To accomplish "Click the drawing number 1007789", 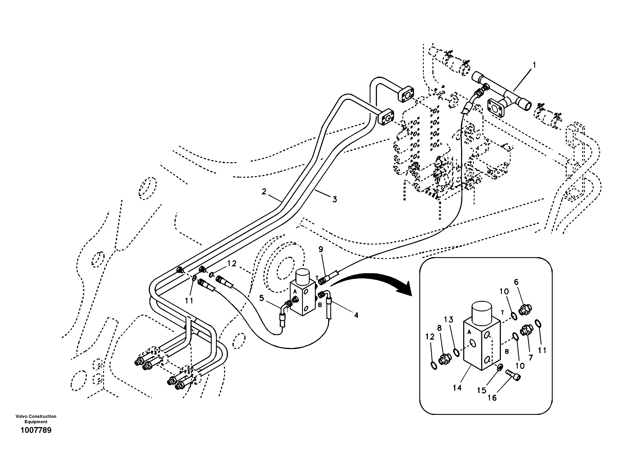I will click(x=36, y=430).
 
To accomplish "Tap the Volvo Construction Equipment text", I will click(x=36, y=419).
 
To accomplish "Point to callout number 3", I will click(x=335, y=199).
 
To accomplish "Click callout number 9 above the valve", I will click(x=321, y=249).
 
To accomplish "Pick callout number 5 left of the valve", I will click(x=261, y=298).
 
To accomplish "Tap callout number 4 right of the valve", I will click(x=356, y=315).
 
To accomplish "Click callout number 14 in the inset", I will click(x=457, y=388).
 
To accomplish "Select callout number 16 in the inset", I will click(x=492, y=398).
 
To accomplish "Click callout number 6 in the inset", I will click(x=516, y=282).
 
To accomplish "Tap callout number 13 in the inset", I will click(x=448, y=319).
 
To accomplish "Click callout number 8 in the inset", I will click(x=439, y=328).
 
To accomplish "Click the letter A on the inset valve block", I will click(x=469, y=331).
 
